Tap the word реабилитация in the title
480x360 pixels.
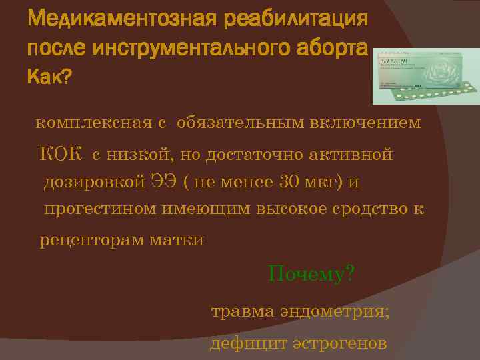(x=299, y=18)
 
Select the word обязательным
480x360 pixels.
(x=237, y=123)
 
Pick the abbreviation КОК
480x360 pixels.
(x=60, y=155)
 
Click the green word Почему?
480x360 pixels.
(x=311, y=273)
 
